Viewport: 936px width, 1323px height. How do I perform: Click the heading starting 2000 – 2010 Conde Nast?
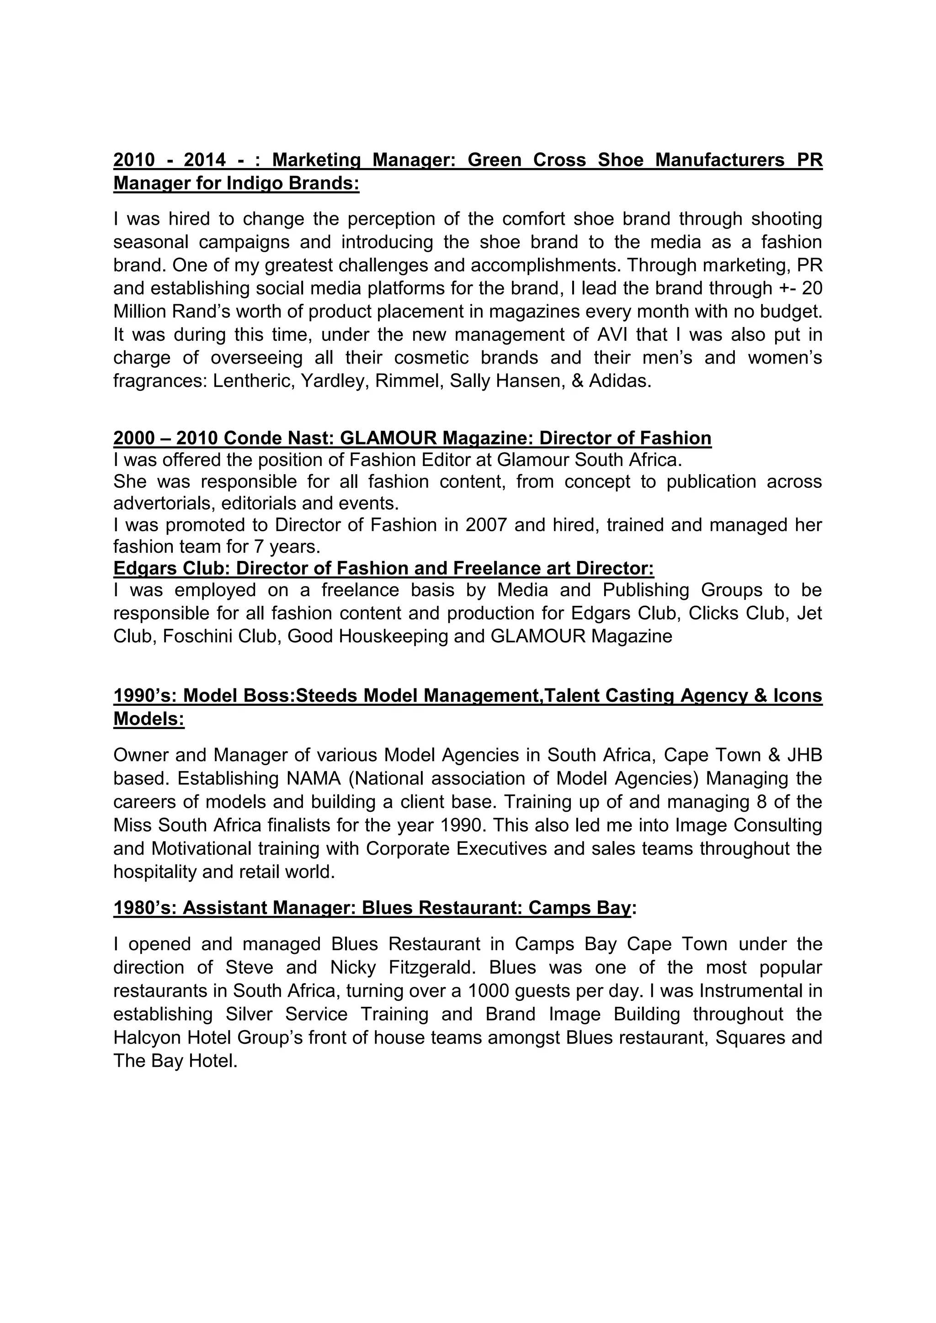point(412,438)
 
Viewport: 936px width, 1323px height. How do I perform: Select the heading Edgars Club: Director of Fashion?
point(383,568)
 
